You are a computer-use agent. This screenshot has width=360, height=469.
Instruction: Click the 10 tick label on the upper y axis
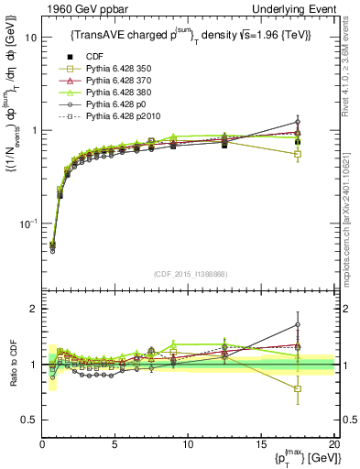29,38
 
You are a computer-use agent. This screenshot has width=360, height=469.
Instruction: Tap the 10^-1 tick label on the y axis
27,224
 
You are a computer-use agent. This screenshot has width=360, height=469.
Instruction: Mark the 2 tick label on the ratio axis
33,309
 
